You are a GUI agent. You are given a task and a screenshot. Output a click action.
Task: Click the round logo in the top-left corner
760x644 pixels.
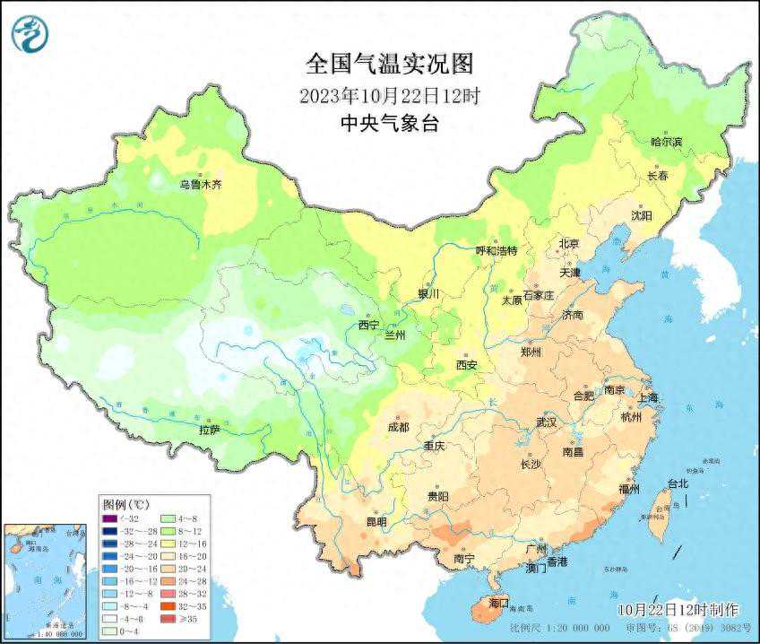click(x=29, y=33)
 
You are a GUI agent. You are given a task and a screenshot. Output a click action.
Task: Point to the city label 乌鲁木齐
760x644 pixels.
click(x=200, y=185)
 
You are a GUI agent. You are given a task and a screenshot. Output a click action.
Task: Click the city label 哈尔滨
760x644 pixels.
click(x=666, y=142)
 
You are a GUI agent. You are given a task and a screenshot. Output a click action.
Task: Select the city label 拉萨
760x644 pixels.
click(x=210, y=430)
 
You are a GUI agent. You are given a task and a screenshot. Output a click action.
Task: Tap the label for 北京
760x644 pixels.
click(x=569, y=243)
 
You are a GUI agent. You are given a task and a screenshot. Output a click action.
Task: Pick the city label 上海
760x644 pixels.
click(x=648, y=397)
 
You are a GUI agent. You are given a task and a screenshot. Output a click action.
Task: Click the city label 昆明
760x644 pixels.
click(x=376, y=522)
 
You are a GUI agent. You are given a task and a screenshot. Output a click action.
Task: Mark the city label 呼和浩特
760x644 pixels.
click(x=496, y=251)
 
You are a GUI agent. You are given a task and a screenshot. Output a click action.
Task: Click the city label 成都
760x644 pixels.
click(x=400, y=427)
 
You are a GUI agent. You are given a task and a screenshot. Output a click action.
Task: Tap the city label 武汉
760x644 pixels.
click(x=546, y=422)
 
